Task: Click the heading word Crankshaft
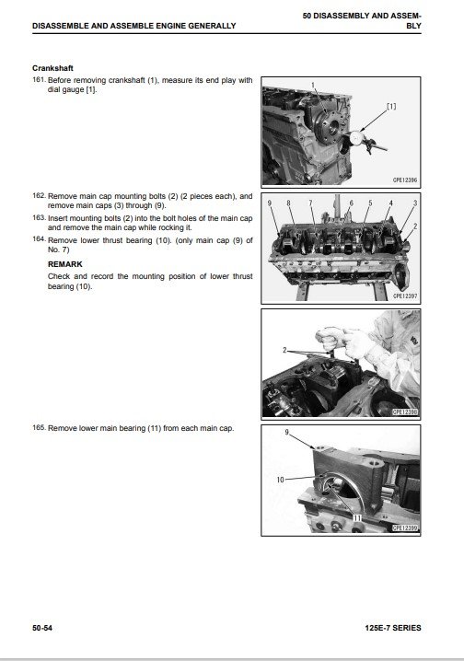52,68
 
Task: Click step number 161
39,79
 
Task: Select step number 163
39,217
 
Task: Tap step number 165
39,427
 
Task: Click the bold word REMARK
64,264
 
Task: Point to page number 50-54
42,628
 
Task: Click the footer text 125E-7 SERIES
393,628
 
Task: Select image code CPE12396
404,180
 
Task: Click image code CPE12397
404,296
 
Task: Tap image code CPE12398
405,412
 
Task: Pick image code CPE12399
405,528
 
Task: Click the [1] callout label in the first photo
391,106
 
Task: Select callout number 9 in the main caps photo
270,203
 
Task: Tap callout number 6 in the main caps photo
351,203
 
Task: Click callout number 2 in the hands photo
284,350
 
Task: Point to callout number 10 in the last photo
280,480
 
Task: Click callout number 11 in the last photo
357,517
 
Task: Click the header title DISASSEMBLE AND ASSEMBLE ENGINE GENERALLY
134,26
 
